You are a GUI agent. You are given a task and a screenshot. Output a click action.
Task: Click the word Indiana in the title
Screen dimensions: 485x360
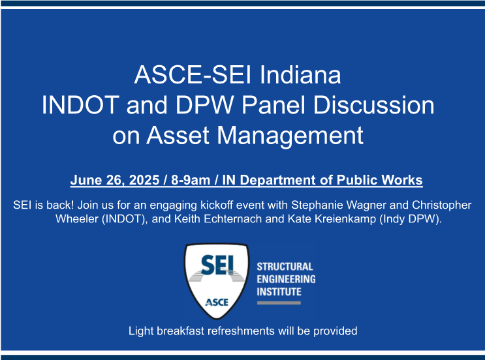click(x=300, y=75)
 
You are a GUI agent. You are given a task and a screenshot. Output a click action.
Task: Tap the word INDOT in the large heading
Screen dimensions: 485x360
click(x=80, y=105)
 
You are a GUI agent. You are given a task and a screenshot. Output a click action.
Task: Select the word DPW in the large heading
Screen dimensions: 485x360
click(x=204, y=105)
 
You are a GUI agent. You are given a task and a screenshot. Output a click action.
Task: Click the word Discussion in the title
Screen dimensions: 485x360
click(x=373, y=105)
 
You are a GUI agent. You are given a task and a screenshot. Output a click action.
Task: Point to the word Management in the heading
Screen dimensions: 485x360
click(x=290, y=136)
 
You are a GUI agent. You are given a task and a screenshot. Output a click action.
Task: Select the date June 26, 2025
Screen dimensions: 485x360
click(x=115, y=180)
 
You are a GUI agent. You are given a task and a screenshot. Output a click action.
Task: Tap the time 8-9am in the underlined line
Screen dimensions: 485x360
click(x=191, y=180)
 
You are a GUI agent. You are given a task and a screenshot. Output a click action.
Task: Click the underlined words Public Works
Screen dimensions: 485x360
click(x=379, y=180)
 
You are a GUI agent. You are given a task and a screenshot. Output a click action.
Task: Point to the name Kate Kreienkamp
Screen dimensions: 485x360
click(x=332, y=218)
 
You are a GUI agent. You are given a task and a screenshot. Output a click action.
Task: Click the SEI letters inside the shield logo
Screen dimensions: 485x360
click(x=217, y=265)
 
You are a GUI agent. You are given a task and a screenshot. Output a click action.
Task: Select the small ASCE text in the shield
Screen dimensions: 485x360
click(x=217, y=302)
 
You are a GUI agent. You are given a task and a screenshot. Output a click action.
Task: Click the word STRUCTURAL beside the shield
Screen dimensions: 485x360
click(x=285, y=267)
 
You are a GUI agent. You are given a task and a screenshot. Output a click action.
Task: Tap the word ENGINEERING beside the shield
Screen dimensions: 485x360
click(x=286, y=279)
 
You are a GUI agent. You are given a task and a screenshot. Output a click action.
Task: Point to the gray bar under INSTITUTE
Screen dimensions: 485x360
click(x=279, y=303)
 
